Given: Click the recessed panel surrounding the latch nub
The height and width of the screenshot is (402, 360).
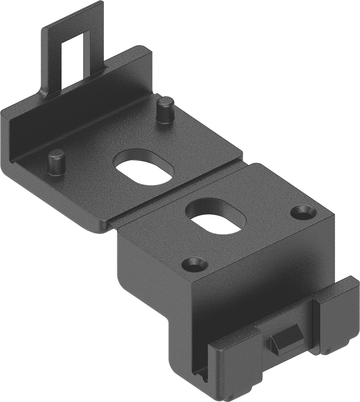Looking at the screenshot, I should [290, 326].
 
